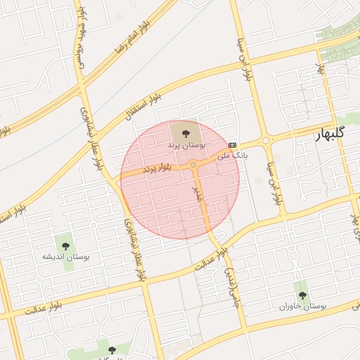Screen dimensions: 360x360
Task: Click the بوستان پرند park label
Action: pyautogui.click(x=186, y=143)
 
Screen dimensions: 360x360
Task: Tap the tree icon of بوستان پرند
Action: pyautogui.click(x=186, y=131)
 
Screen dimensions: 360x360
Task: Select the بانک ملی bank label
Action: pyautogui.click(x=233, y=153)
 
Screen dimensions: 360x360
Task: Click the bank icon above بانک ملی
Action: pyautogui.click(x=233, y=145)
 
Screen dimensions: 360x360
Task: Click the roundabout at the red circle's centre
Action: pyautogui.click(x=193, y=165)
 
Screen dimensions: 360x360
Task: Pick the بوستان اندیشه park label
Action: pyautogui.click(x=67, y=257)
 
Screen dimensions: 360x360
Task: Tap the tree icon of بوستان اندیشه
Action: pyautogui.click(x=66, y=245)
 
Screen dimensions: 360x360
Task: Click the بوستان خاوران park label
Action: pyautogui.click(x=302, y=307)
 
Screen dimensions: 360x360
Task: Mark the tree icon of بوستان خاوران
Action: pyautogui.click(x=302, y=295)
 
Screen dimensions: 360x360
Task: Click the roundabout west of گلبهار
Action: pyautogui.click(x=266, y=141)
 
